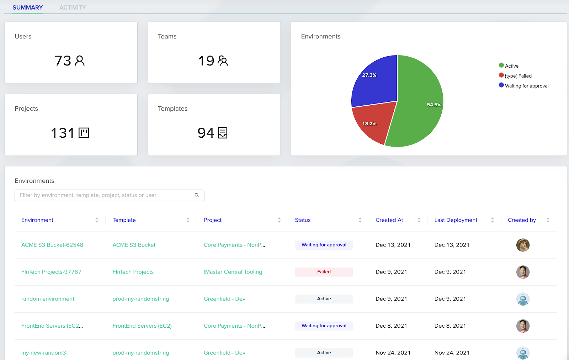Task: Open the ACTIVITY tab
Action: (73, 7)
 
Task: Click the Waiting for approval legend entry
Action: (526, 86)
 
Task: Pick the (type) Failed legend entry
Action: (518, 76)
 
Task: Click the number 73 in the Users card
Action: (63, 61)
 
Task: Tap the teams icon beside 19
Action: (223, 61)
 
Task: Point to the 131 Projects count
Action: (63, 133)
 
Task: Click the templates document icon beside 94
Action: (223, 133)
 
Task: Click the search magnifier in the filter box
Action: (197, 195)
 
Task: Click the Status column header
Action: (303, 220)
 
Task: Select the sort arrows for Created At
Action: (419, 220)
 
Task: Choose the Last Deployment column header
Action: (456, 220)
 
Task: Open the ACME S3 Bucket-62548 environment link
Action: (52, 245)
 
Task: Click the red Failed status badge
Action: (324, 272)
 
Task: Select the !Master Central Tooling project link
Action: (233, 272)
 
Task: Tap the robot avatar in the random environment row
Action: (523, 299)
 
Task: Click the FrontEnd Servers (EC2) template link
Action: (142, 326)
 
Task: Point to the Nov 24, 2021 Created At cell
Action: (393, 353)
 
